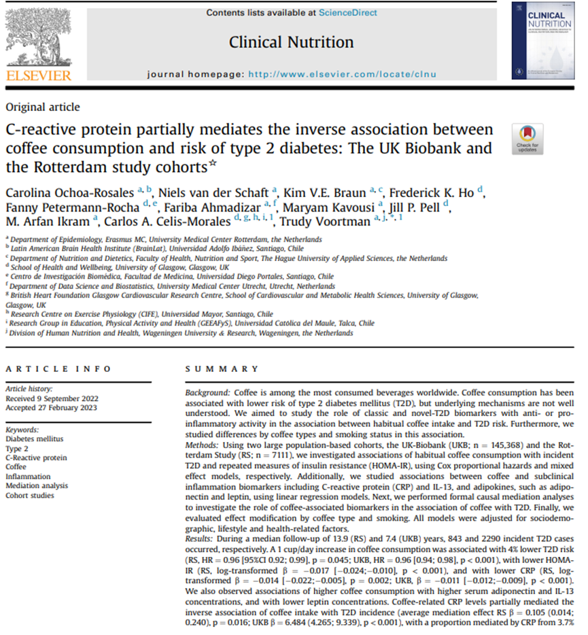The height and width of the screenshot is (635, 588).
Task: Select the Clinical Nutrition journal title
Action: pyautogui.click(x=291, y=42)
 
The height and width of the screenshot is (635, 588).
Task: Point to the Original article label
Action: pyautogui.click(x=42, y=107)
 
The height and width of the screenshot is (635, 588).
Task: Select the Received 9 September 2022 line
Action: pyautogui.click(x=51, y=398)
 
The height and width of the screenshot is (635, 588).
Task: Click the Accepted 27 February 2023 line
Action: pyautogui.click(x=50, y=408)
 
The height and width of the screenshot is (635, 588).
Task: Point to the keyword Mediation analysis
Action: pyautogui.click(x=37, y=486)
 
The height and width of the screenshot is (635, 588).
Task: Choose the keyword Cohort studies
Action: pyautogui.click(x=30, y=496)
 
